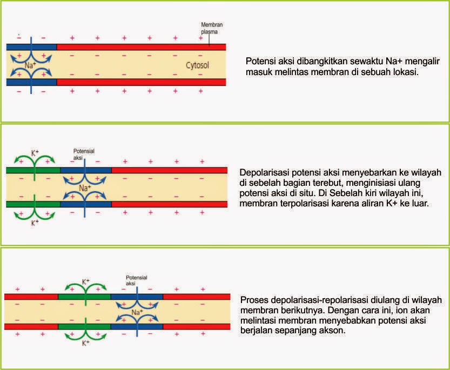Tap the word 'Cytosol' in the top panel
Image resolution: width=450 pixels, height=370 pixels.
pos(196,66)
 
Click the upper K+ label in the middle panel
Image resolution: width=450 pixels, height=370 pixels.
pos(35,153)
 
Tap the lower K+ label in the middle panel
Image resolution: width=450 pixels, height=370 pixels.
pos(35,222)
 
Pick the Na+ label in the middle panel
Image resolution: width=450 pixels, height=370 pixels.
pos(84,189)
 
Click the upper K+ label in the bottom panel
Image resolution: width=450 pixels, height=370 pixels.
pos(86,281)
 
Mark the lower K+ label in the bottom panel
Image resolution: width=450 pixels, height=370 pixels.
pos(85,343)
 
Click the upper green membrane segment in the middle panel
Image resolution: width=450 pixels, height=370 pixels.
pos(33,170)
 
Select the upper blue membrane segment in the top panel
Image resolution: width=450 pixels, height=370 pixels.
pos(31,47)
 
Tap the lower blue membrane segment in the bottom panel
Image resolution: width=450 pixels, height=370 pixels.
pos(137,326)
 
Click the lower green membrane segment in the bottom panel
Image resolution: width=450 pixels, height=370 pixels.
pos(84,326)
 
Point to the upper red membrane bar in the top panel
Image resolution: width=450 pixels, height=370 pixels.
pos(141,47)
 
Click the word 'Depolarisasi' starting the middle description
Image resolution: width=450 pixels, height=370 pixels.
pos(263,173)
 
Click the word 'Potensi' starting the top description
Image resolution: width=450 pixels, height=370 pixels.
pos(260,61)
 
